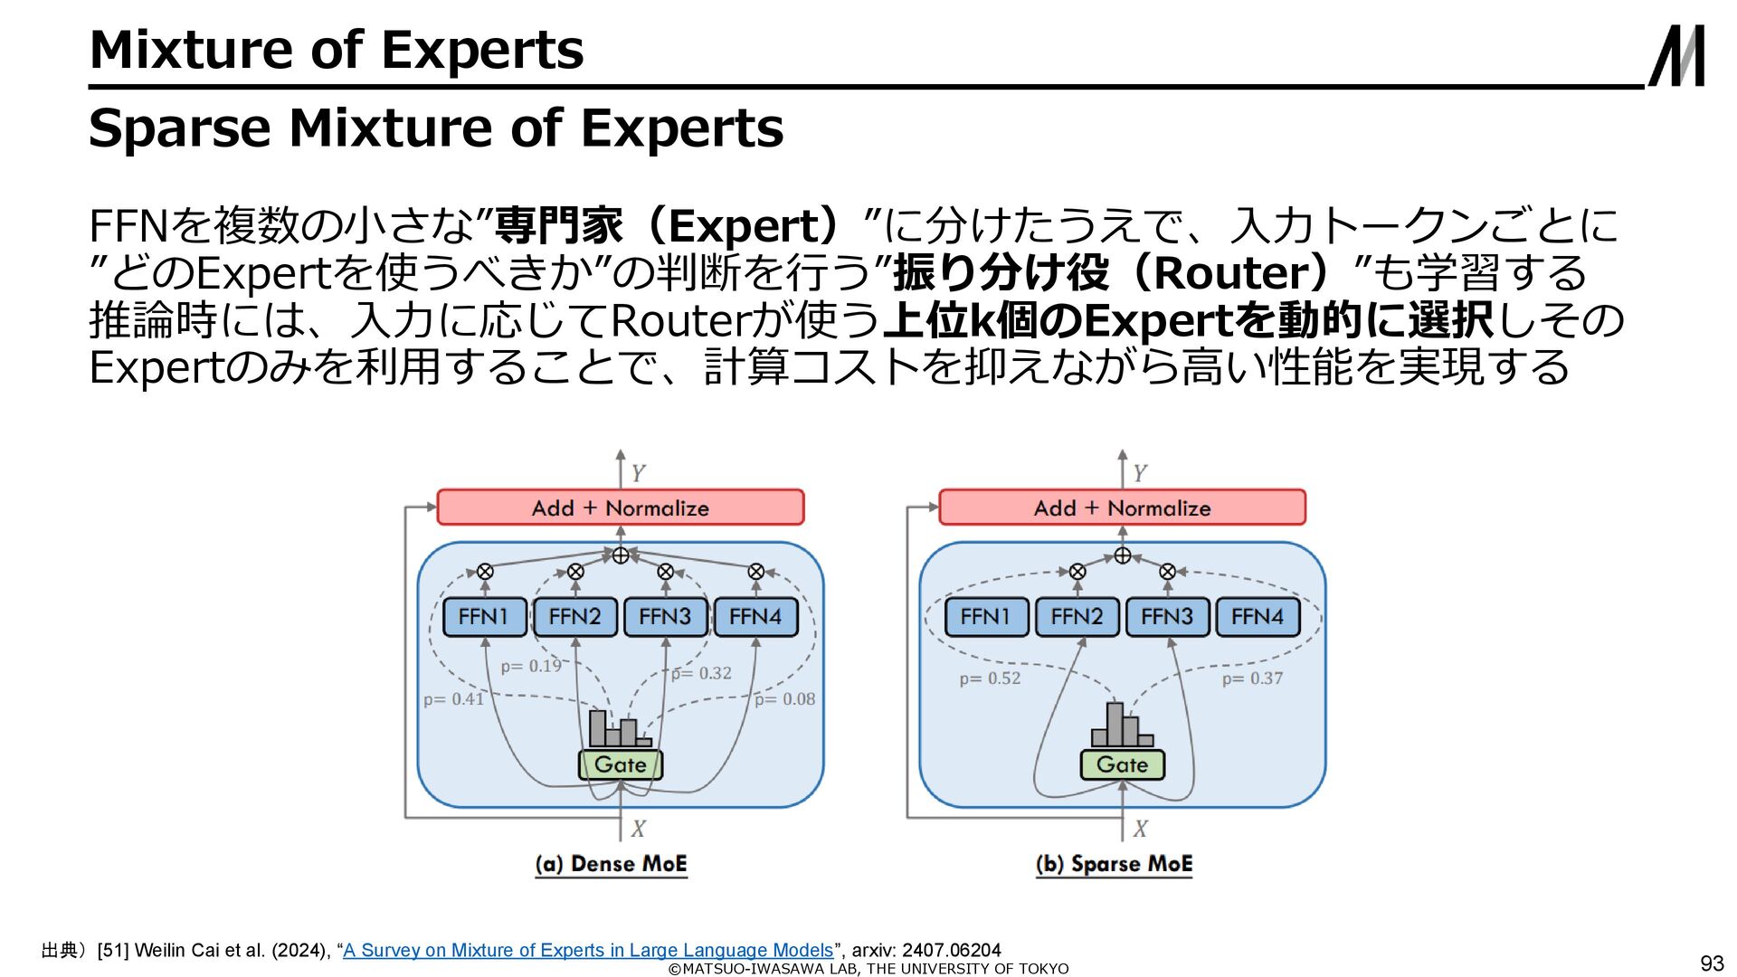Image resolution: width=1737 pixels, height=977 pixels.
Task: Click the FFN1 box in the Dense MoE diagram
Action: coord(484,617)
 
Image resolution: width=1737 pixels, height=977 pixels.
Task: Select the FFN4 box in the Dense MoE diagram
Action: coord(755,617)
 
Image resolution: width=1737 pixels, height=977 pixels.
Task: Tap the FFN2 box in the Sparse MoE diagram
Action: coord(1077,617)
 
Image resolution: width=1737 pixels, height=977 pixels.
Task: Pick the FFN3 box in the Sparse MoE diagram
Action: coord(1167,617)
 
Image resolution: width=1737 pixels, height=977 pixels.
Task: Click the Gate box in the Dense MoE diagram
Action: coord(621,764)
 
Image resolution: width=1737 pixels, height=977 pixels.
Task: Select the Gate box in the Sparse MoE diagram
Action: coord(1123,764)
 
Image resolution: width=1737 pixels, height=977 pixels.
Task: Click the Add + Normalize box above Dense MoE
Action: coord(621,507)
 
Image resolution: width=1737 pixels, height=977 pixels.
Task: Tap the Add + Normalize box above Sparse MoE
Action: coord(1123,507)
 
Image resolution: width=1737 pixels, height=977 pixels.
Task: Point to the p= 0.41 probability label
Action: coord(454,698)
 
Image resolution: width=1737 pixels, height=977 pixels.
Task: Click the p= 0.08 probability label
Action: coord(784,698)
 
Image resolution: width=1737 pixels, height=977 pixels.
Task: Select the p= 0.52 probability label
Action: coord(990,678)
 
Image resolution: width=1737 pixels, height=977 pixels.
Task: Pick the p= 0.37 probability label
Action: coord(1252,678)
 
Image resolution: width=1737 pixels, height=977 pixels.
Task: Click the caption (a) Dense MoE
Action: coord(611,864)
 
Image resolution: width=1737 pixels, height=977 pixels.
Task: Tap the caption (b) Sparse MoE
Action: coord(1114,864)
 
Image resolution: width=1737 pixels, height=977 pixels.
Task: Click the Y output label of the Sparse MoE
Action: coord(1140,473)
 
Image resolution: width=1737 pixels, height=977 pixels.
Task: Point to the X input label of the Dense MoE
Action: coord(639,829)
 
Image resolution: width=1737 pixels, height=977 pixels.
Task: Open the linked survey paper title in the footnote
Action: coord(588,950)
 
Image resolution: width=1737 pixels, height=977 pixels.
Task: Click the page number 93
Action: coord(1712,963)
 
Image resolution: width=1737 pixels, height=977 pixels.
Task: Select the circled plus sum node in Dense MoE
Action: coord(621,555)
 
